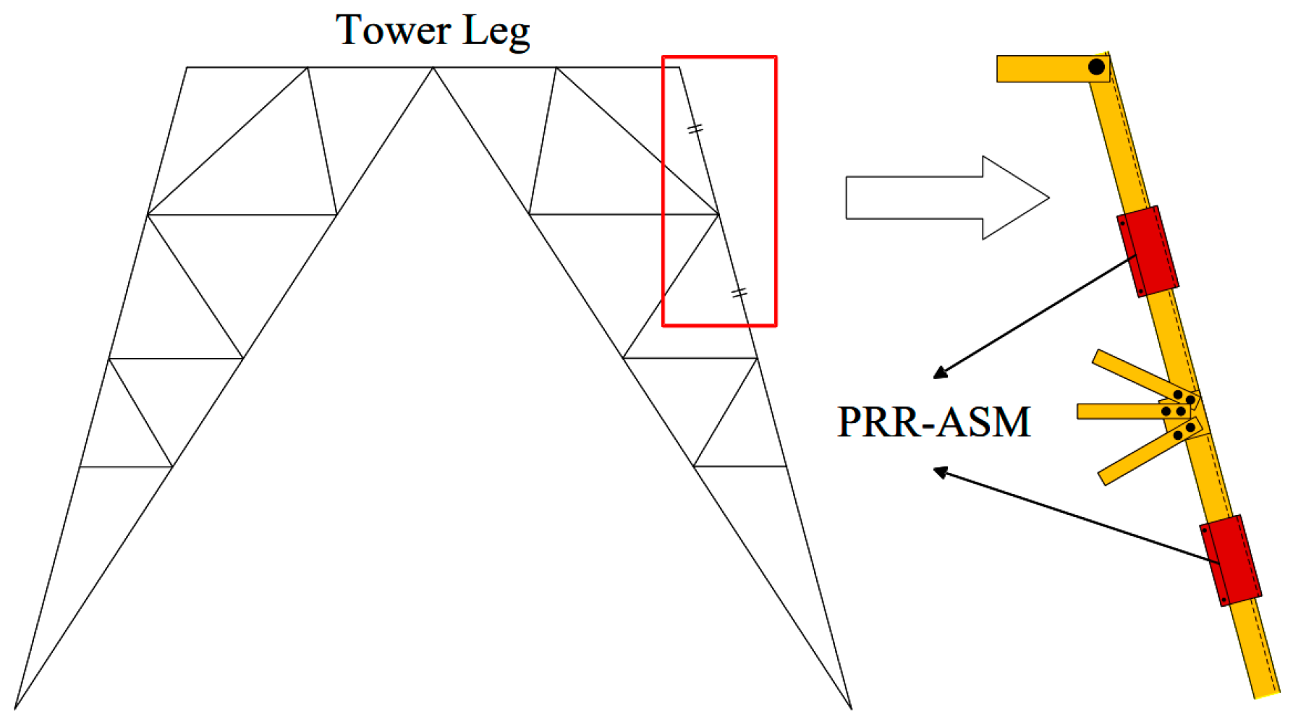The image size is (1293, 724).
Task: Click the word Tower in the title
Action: [x=393, y=30]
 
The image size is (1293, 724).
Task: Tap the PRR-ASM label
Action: [x=933, y=422]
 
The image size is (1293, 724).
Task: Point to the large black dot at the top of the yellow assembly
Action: [x=1096, y=67]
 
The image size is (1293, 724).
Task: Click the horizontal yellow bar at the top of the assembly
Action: [x=1042, y=69]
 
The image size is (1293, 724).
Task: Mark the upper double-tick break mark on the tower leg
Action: [x=695, y=129]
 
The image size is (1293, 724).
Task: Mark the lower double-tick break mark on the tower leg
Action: [x=739, y=293]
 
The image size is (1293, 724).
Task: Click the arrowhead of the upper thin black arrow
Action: [x=938, y=374]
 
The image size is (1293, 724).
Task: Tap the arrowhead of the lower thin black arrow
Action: [x=939, y=471]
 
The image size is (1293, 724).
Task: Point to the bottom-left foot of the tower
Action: [x=15, y=707]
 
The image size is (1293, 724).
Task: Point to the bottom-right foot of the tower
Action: [x=851, y=707]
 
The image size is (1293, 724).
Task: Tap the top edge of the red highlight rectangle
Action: [x=719, y=56]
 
